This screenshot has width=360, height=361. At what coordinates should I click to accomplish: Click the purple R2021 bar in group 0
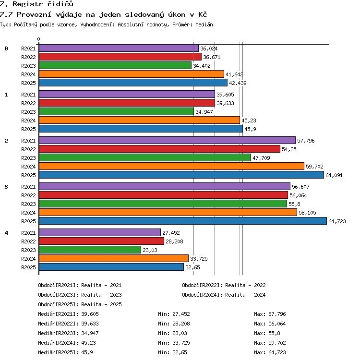pos(119,48)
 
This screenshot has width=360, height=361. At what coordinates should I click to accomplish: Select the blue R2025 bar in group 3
pos(183,221)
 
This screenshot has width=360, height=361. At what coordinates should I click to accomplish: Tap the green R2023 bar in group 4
pos(90,250)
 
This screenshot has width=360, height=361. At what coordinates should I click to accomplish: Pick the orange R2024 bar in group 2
pos(171,166)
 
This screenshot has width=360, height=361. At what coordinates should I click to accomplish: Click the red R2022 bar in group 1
pos(127,103)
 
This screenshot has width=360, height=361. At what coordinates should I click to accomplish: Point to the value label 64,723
pos(337,221)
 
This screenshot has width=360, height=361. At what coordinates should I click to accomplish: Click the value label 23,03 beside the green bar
pos(150,250)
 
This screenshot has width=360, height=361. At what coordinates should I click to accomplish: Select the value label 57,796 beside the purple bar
pos(306,141)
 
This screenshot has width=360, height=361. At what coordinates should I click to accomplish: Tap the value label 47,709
pos(261,158)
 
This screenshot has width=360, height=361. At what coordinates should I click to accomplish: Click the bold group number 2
pos(6,141)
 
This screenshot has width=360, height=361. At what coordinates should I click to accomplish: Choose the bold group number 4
pos(6,233)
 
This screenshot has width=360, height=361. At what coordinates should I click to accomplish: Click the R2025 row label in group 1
pos(28,129)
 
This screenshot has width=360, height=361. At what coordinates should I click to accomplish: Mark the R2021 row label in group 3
pos(28,187)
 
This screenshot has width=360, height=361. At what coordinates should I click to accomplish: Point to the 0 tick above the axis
pos(39,39)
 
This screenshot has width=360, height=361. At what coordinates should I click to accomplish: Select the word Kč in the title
pos(203,14)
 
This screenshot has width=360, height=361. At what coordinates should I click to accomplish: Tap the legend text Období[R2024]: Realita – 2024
pos(224,295)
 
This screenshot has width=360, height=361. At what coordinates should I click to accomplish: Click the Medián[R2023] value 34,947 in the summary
pos(90,333)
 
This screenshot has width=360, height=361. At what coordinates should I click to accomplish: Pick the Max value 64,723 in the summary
pos(277,352)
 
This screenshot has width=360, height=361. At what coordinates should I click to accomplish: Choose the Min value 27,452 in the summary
pos(181,314)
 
